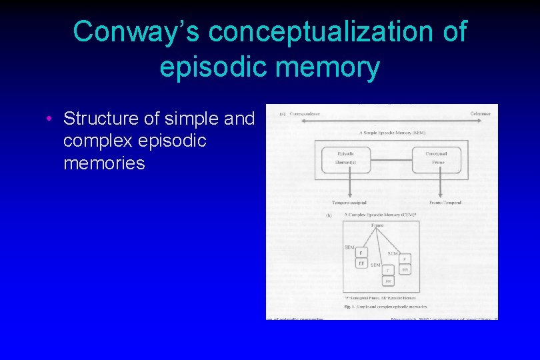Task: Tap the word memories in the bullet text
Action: pyautogui.click(x=104, y=163)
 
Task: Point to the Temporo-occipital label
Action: pyautogui.click(x=349, y=203)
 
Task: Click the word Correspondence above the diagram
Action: pyautogui.click(x=305, y=114)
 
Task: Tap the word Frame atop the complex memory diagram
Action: pyautogui.click(x=377, y=225)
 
